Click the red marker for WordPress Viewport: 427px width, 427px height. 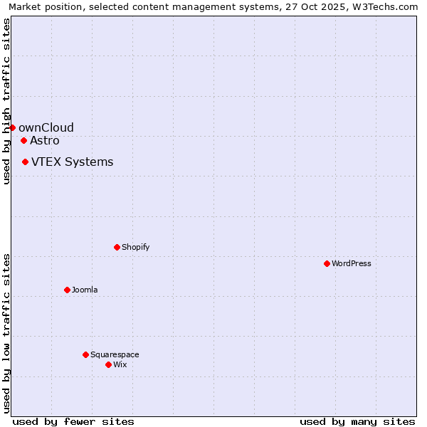[x=327, y=263]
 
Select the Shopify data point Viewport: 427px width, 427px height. [x=117, y=247]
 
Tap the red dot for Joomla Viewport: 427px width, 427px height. [x=67, y=290]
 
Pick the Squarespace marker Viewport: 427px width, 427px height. [x=85, y=354]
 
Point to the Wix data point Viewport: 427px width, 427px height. [x=108, y=364]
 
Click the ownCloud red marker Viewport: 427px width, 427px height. [x=12, y=127]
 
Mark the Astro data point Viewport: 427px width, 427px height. [x=23, y=140]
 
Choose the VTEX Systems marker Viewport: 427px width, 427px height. [x=25, y=162]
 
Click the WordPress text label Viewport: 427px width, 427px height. [x=352, y=263]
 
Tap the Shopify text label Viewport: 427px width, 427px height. [x=135, y=247]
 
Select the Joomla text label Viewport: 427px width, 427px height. [x=85, y=290]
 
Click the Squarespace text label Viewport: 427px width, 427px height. [x=115, y=354]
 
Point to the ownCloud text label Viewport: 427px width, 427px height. [x=46, y=127]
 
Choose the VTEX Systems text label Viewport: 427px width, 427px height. [x=72, y=162]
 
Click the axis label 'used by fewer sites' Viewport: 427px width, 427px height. [x=73, y=421]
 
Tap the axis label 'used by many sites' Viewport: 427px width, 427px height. [x=357, y=421]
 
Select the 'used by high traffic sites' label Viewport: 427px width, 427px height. [x=6, y=101]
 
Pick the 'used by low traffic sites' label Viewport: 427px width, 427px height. [x=6, y=333]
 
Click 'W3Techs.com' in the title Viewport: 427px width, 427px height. [x=387, y=6]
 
